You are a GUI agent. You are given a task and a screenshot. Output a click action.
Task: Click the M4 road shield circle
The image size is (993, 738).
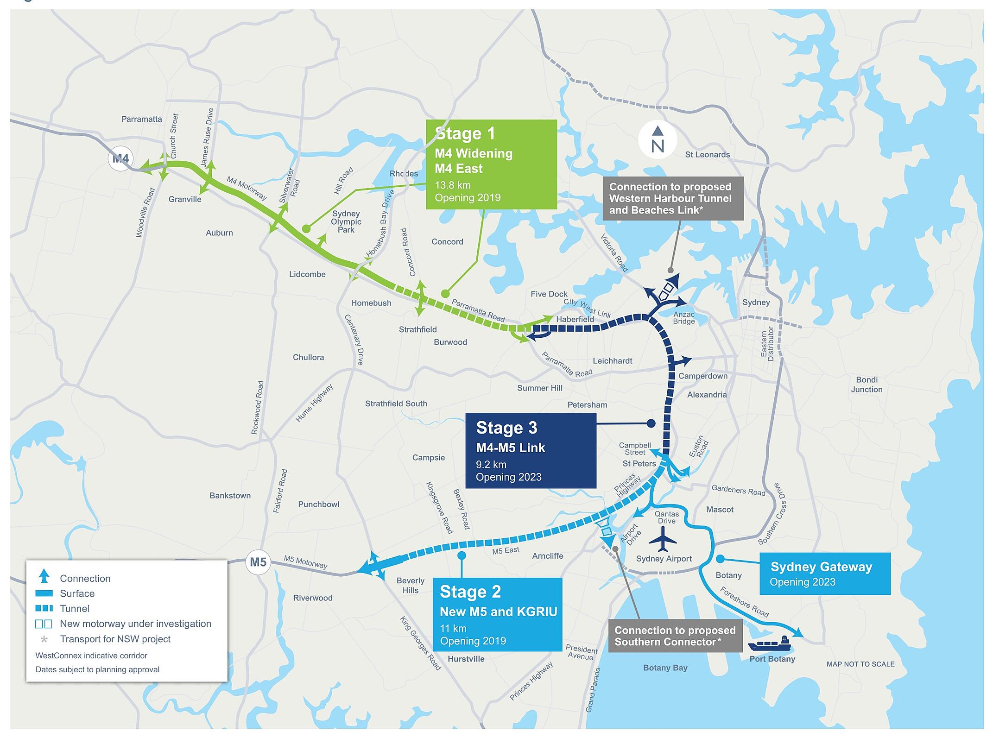pyautogui.click(x=120, y=159)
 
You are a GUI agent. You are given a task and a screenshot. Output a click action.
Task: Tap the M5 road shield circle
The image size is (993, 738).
pyautogui.click(x=258, y=562)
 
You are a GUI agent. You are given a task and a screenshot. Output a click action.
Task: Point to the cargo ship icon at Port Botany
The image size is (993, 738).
pyautogui.click(x=769, y=643)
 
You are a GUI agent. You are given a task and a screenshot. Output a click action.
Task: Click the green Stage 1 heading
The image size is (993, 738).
pyautogui.click(x=465, y=133)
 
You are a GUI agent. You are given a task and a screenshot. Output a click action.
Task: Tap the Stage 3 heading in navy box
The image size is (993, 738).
pyautogui.click(x=506, y=428)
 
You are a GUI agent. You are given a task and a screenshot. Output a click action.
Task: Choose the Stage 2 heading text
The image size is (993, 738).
pyautogui.click(x=470, y=592)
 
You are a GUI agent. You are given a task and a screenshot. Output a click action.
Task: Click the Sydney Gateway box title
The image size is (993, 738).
pyautogui.click(x=821, y=567)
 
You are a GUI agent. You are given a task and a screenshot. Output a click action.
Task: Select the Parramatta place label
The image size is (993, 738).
pyautogui.click(x=141, y=119)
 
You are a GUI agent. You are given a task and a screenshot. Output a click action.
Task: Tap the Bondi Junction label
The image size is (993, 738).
pyautogui.click(x=867, y=385)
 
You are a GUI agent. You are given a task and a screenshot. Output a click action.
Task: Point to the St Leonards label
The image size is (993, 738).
pyautogui.click(x=707, y=155)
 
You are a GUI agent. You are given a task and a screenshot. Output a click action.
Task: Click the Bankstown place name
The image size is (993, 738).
pyautogui.click(x=230, y=496)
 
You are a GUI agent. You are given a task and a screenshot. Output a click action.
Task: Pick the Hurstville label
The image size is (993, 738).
pyautogui.click(x=466, y=659)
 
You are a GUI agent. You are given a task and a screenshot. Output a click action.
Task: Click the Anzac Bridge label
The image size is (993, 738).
pyautogui.click(x=684, y=318)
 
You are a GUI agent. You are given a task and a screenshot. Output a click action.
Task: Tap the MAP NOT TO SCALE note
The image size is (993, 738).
pyautogui.click(x=860, y=664)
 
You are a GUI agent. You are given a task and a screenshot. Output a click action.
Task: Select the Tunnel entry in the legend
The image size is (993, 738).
pyautogui.click(x=75, y=609)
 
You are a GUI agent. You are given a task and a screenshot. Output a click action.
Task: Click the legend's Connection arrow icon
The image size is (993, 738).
pyautogui.click(x=44, y=577)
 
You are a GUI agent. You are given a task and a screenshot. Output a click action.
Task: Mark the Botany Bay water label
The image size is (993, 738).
pyautogui.click(x=665, y=668)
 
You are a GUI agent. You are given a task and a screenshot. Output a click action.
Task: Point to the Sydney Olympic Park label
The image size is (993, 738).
pyautogui.click(x=346, y=221)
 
